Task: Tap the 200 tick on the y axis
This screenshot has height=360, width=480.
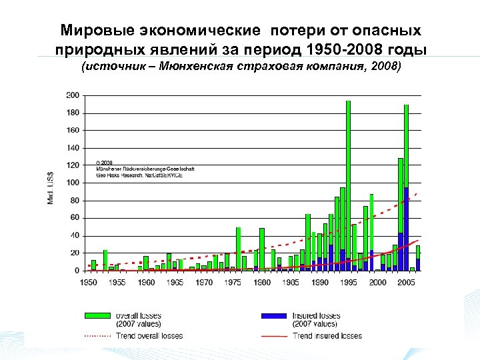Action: pos(72,95)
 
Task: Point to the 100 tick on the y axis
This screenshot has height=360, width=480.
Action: pos(72,183)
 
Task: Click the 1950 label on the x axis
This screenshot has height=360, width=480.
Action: pos(88,283)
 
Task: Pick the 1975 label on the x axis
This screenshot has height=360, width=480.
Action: pos(233,283)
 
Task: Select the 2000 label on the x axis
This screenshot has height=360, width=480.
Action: pos(377,283)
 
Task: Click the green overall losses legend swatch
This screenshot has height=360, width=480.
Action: pos(97,315)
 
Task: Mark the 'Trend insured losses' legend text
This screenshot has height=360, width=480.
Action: pos(327,336)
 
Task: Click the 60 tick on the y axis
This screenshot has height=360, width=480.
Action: pos(73,218)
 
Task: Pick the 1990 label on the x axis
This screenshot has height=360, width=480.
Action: pos(319,283)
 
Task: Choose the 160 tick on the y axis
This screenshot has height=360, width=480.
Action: pos(72,130)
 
